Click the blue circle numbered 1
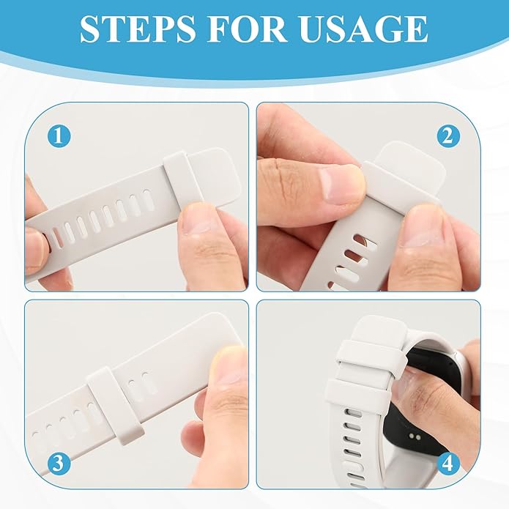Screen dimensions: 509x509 pyautogui.click(x=59, y=136)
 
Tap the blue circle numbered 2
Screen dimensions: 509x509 pyautogui.click(x=448, y=136)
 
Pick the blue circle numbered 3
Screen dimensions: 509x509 pyautogui.click(x=59, y=464)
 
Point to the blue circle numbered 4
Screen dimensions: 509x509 pyautogui.click(x=448, y=464)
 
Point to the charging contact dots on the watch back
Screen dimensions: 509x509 pyautogui.click(x=415, y=436)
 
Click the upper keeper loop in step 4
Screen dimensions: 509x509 pyautogui.click(x=370, y=357)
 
